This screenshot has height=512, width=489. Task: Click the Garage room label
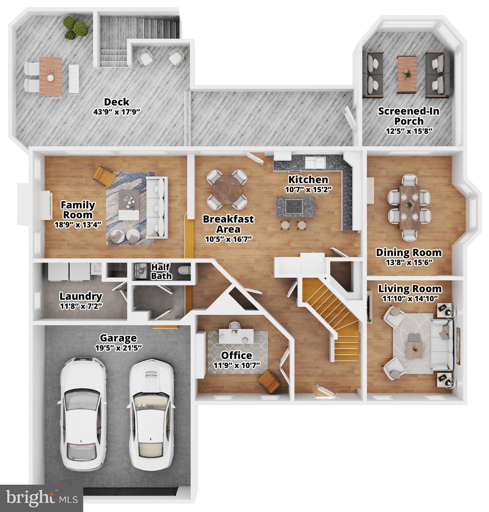[x=118, y=338]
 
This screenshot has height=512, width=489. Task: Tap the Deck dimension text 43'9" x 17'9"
[x=116, y=112]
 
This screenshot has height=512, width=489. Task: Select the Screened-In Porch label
[x=409, y=116]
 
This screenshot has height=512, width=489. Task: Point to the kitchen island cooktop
[x=295, y=206]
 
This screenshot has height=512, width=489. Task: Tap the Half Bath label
[x=161, y=271]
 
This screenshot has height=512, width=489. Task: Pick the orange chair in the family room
[x=103, y=176]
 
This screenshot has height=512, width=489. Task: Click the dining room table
[x=409, y=207]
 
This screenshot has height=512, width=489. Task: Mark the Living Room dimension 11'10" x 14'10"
[x=410, y=298]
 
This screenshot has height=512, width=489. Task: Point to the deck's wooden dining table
[x=51, y=76]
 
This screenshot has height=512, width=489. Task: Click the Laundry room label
[x=81, y=296]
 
